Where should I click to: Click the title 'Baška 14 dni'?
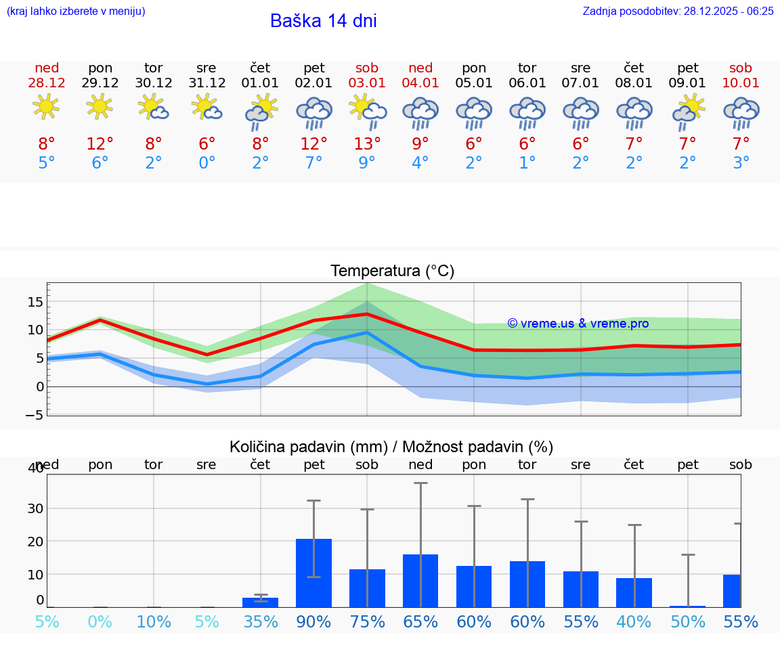323,21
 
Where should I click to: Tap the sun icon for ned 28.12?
46,107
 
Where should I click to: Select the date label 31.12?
207,83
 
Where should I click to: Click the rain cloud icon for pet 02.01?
313,112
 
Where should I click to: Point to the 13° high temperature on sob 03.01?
367,144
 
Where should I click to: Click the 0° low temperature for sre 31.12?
207,163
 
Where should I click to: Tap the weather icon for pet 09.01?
688,111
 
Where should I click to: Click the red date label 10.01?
741,83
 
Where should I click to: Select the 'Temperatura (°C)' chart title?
392,271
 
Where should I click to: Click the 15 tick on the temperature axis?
35,301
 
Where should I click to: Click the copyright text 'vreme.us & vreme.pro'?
578,324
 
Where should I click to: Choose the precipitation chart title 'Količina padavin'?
391,447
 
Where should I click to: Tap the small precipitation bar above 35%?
260,602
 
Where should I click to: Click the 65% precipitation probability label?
420,621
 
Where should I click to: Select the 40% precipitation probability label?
634,621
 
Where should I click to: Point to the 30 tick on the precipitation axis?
35,508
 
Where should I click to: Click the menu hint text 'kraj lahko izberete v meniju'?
76,11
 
